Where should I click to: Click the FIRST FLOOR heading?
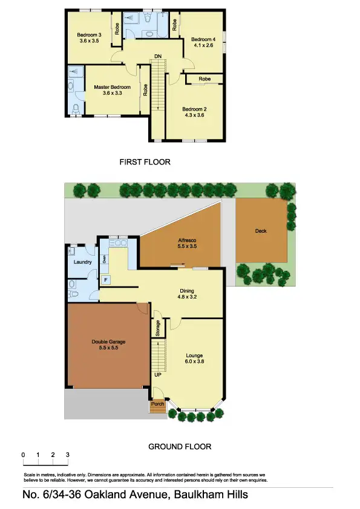point(145,162)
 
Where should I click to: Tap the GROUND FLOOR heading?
point(180,447)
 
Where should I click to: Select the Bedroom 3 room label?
point(89,35)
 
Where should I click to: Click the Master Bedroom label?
point(112,87)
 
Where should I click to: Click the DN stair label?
point(157,56)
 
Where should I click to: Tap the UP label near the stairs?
point(157,375)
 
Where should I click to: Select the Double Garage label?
point(108,342)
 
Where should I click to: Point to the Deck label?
point(261,231)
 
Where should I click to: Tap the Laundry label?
point(82,262)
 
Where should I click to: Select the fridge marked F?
point(106,280)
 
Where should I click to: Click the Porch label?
point(157,404)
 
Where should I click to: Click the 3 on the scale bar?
point(68,455)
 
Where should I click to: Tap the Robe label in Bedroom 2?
point(205,79)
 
